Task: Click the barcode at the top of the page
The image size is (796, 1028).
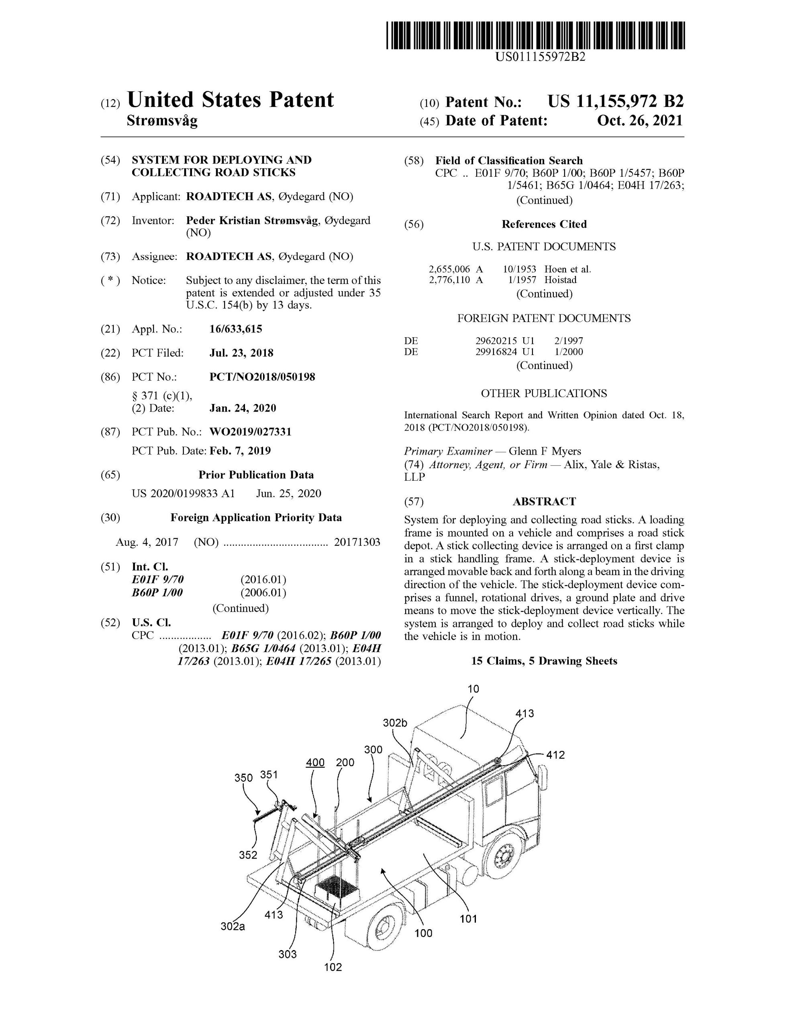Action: coord(535,35)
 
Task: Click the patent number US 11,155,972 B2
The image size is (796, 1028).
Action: coord(615,102)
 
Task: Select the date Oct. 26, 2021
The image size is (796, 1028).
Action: coord(639,121)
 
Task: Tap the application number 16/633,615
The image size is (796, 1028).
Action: coord(235,329)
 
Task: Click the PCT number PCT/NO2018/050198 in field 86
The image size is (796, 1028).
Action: coord(262,377)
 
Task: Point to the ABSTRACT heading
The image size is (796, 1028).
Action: coord(544,502)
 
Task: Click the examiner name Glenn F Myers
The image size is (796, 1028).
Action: coord(545,451)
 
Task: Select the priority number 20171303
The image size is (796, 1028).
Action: coord(357,542)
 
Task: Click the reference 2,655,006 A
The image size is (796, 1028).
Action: coord(455,269)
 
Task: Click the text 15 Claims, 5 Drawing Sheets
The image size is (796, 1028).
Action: coord(544,661)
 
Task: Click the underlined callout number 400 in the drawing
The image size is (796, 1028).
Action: coord(315,763)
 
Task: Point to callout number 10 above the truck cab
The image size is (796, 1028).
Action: coord(473,689)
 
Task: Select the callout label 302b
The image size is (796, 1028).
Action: coord(394,723)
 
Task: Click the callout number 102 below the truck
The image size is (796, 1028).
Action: coord(333,967)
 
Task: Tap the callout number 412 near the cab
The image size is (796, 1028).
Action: coord(555,755)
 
